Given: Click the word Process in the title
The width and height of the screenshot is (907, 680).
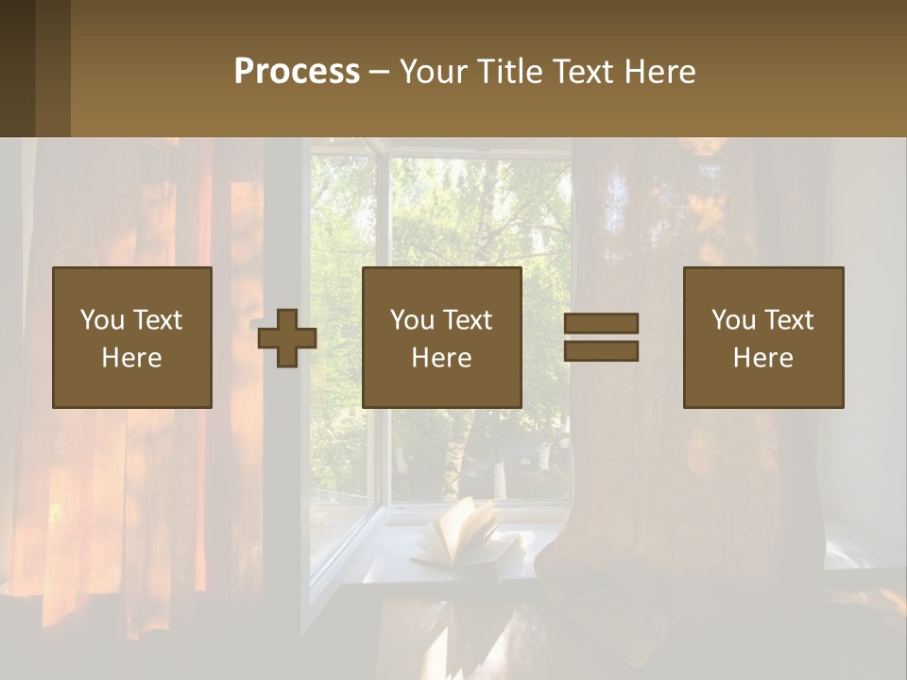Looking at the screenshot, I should click(297, 72).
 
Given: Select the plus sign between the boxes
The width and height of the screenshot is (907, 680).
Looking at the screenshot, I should click(287, 338).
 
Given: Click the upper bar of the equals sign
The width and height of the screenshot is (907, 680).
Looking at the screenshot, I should click(601, 324).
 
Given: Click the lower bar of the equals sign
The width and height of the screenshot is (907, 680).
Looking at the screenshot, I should click(601, 351).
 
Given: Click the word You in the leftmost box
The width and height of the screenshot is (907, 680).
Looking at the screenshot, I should click(102, 320).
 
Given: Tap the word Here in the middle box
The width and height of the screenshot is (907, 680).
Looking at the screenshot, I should click(441, 358).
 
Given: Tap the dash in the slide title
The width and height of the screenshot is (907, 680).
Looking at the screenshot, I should click(379, 72).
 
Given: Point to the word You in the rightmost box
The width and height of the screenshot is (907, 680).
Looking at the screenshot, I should click(733, 320).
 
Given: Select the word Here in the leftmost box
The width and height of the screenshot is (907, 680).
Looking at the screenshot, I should click(132, 358).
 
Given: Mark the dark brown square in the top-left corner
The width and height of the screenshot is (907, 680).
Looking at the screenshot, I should click(17, 68).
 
